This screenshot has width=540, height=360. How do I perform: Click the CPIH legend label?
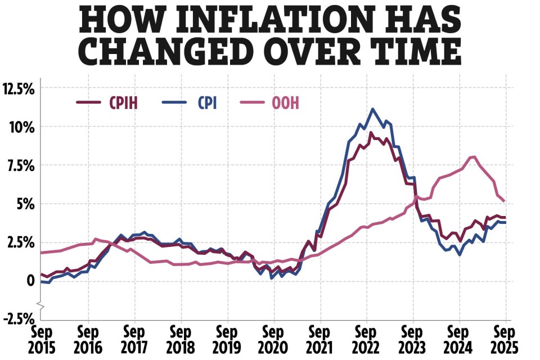coord(123,103)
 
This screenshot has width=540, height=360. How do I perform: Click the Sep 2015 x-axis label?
coord(41,337)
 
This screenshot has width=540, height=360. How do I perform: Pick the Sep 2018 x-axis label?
coord(181,337)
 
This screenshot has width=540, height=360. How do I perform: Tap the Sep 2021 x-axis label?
coord(319,337)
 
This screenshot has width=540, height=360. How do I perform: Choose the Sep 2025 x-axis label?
coord(505,337)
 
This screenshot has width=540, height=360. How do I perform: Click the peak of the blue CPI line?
coord(372,109)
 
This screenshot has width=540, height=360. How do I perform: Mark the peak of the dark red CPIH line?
coord(371,133)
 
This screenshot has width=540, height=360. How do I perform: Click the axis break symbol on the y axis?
coord(40,304)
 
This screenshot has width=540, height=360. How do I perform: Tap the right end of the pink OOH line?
coord(504,201)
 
